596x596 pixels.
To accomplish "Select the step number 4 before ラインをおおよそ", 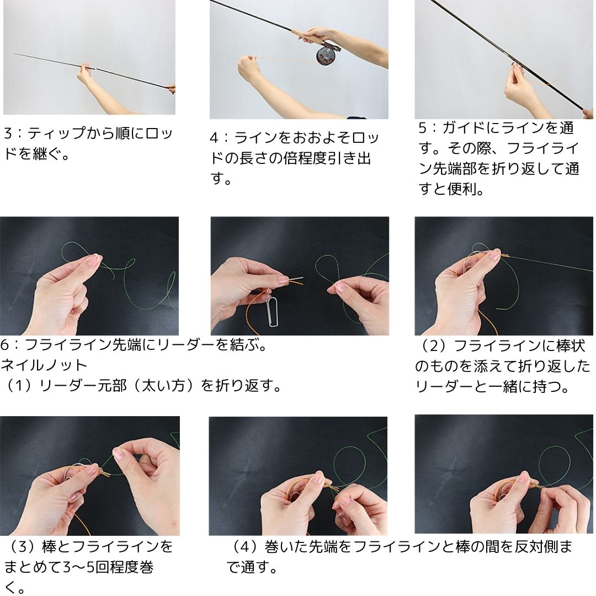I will (215, 137).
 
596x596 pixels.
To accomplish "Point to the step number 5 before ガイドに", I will (422, 128).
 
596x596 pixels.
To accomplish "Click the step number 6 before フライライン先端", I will (5, 345).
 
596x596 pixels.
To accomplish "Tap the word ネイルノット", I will (44, 365).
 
